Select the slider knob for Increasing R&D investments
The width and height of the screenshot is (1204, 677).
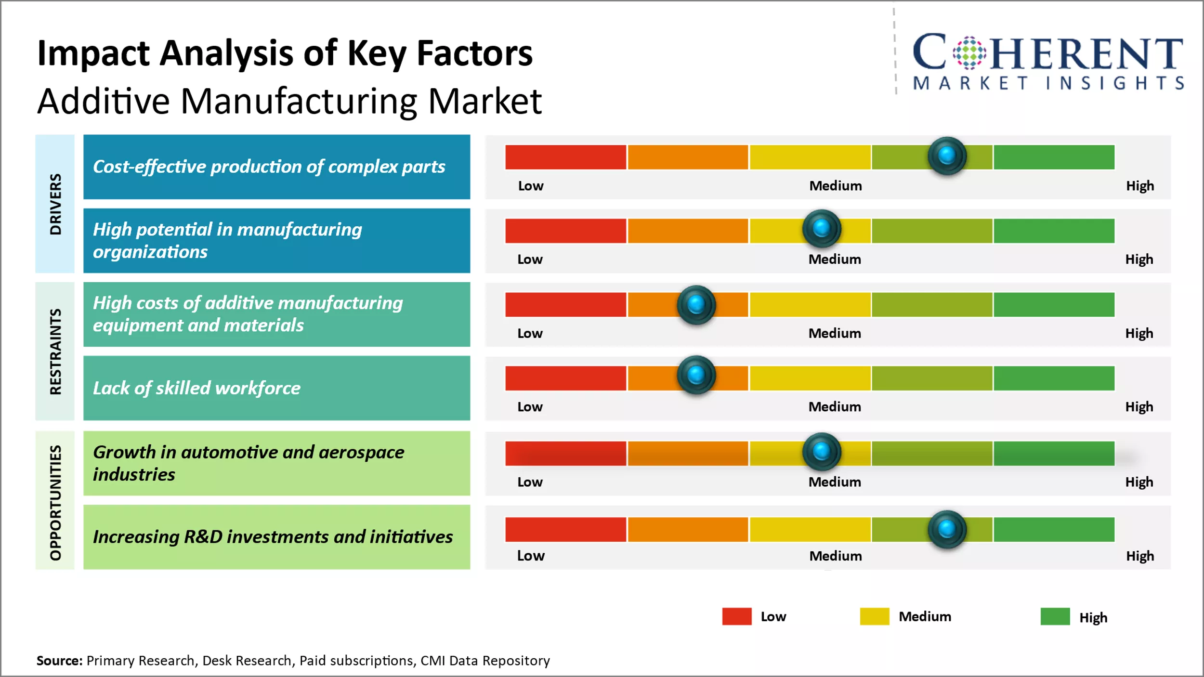(947, 529)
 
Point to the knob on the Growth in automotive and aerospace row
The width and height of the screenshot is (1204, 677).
(822, 452)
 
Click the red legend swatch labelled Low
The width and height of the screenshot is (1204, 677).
(736, 616)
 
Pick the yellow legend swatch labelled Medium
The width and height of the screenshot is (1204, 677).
(874, 616)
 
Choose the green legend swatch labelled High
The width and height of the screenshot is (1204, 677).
(1055, 616)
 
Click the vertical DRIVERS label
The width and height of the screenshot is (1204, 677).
(55, 204)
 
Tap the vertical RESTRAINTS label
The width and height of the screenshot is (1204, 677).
(55, 352)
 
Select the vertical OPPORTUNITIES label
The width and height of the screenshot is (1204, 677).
(55, 502)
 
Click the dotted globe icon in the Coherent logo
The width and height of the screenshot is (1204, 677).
(969, 52)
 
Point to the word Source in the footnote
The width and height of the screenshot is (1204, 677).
(59, 661)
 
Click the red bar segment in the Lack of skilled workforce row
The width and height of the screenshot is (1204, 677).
(565, 378)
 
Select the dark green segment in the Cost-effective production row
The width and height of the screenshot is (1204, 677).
(1054, 157)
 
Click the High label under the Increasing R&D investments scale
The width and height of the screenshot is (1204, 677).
(1139, 556)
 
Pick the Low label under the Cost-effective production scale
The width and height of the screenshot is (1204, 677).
(531, 186)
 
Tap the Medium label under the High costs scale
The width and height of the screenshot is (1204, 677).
(835, 333)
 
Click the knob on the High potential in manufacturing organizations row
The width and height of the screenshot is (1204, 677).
(822, 228)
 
